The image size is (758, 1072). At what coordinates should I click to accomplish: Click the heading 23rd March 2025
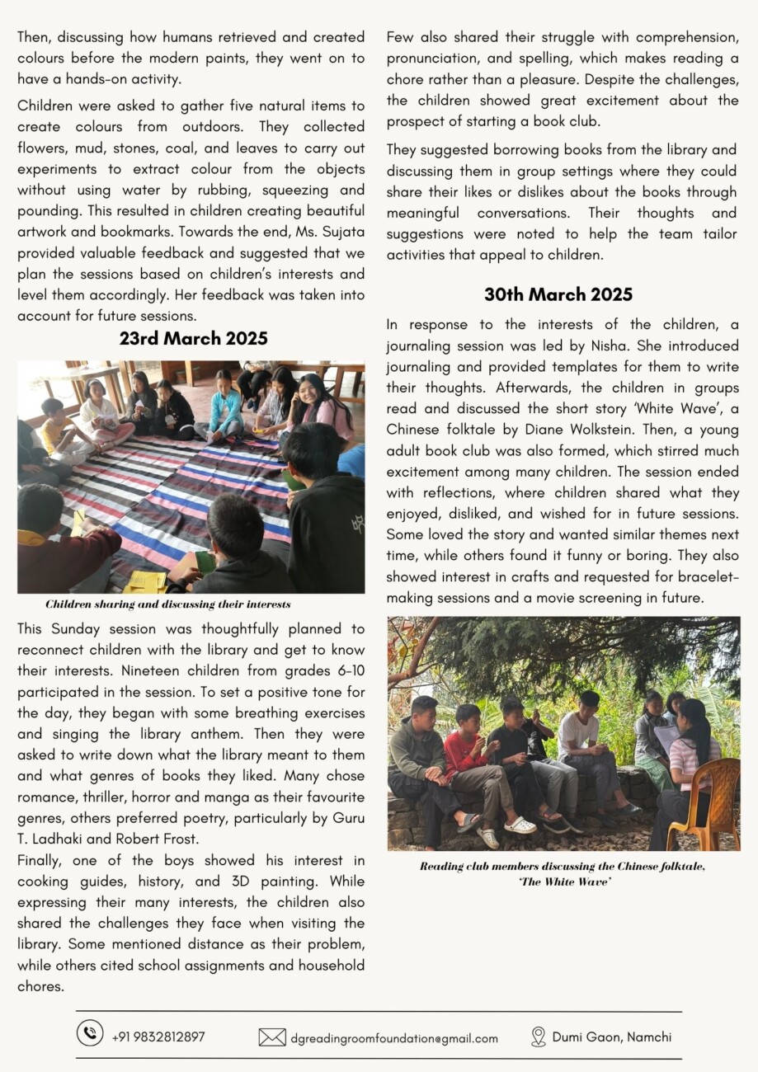click(x=193, y=338)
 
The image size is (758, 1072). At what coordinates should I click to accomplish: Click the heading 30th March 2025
click(x=558, y=294)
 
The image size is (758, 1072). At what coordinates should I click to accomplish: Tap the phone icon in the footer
click(x=90, y=1033)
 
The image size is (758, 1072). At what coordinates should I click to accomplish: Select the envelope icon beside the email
click(x=272, y=1037)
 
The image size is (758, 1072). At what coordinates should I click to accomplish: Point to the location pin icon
click(x=539, y=1037)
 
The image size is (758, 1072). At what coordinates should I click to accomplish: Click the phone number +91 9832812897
click(x=158, y=1037)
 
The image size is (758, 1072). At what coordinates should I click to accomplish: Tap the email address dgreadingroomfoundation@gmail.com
click(x=394, y=1038)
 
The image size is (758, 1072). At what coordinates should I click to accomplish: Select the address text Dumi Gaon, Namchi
click(x=612, y=1037)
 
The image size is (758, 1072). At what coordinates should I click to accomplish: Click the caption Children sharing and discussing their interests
click(x=168, y=604)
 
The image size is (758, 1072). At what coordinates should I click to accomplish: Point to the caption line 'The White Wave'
click(x=563, y=882)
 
